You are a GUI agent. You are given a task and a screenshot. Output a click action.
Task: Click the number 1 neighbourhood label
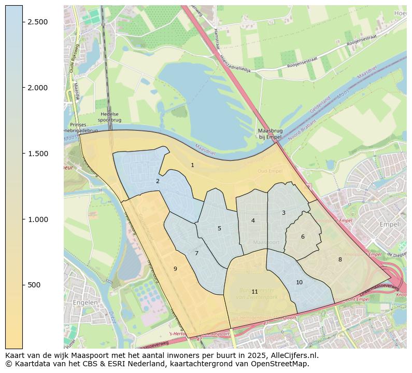(x=192, y=165)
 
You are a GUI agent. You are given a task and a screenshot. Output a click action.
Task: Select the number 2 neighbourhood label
(x=158, y=182)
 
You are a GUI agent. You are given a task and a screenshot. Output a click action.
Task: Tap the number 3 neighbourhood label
(x=283, y=213)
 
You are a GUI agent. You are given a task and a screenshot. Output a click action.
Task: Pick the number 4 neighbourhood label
(x=253, y=221)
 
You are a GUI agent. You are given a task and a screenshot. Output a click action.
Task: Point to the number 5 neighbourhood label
(x=219, y=229)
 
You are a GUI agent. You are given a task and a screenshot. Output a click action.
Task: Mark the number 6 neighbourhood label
(x=303, y=237)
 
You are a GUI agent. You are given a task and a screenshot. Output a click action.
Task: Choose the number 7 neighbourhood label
(x=196, y=254)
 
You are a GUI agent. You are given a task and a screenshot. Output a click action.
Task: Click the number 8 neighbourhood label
(x=340, y=260)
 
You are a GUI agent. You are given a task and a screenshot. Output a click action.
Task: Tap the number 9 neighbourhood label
(x=175, y=269)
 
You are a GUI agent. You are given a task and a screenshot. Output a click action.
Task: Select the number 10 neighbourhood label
(x=299, y=283)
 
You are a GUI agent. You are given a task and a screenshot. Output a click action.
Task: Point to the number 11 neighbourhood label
(x=254, y=292)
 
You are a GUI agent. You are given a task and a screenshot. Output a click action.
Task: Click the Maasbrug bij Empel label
(x=270, y=134)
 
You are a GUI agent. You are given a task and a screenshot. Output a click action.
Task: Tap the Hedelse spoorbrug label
(x=109, y=117)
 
